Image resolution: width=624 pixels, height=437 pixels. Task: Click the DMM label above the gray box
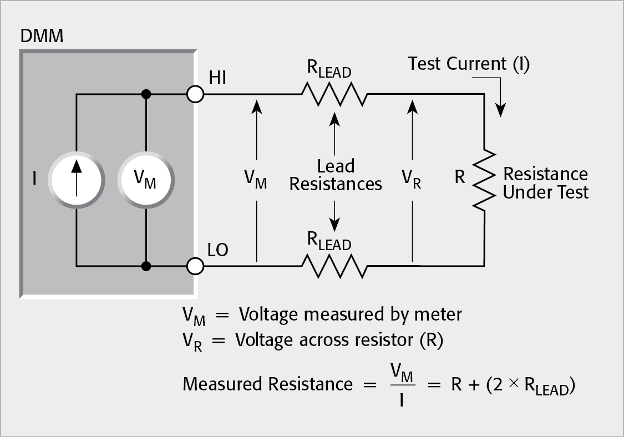coord(42,37)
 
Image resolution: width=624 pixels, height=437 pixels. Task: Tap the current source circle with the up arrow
coord(75,180)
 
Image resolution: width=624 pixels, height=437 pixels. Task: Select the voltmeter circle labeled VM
coord(146,180)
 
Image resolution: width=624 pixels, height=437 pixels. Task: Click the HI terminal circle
coord(195,95)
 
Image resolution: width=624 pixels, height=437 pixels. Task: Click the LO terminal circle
coord(195,266)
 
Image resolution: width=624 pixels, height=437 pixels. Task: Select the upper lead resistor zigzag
coord(334,95)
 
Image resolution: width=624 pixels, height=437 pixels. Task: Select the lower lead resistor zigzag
coord(334,267)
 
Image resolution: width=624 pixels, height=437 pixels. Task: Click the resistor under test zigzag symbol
coord(484,180)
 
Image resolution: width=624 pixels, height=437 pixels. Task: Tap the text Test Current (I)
coord(469,64)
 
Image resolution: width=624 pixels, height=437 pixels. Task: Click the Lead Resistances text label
coord(336,175)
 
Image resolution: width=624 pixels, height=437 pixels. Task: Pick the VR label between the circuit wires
coord(411,181)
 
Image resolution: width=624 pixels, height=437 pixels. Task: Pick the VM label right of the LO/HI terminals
coord(256,181)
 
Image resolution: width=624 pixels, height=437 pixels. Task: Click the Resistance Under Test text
coord(545,183)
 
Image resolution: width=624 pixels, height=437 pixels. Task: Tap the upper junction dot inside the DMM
coord(146,95)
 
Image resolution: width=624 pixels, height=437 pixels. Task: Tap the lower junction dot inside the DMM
coord(146,267)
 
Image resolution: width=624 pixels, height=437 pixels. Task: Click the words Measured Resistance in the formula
coord(267,384)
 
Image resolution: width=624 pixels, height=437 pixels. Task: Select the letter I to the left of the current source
coord(34,180)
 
